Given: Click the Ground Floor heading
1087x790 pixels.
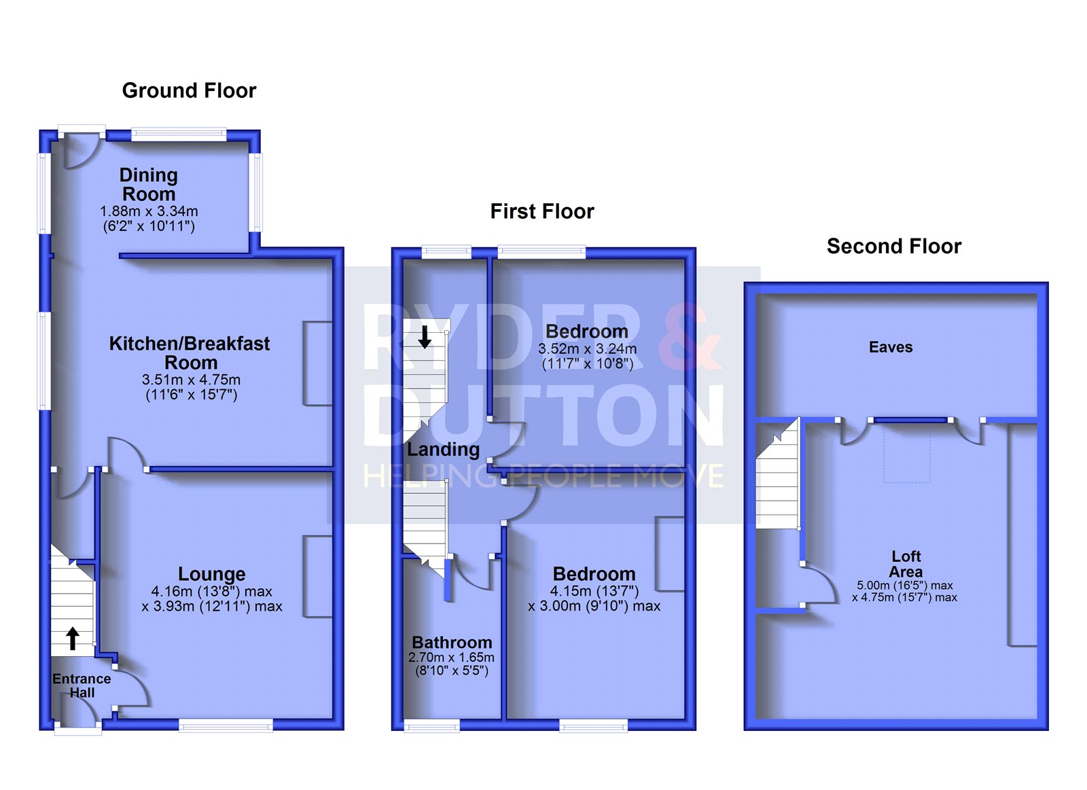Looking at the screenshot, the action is click(x=189, y=91).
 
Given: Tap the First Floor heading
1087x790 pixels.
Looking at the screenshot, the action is click(x=542, y=211).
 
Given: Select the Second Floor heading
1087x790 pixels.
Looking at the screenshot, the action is click(x=894, y=247).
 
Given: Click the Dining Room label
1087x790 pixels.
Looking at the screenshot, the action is click(x=149, y=184).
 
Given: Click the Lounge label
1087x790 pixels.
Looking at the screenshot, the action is click(x=211, y=574).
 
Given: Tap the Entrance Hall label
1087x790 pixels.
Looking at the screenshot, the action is click(x=82, y=685).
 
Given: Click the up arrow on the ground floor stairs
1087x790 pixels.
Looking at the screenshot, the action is click(x=72, y=639).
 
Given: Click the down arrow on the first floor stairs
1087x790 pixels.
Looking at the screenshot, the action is click(x=425, y=337).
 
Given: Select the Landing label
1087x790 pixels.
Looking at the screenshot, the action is click(x=443, y=450).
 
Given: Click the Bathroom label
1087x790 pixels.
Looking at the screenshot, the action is click(x=452, y=643).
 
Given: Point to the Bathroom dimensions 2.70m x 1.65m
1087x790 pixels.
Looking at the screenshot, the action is click(x=451, y=664).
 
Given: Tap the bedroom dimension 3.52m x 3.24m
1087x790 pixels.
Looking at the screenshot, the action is click(x=587, y=356).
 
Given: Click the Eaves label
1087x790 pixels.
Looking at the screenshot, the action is click(x=891, y=347).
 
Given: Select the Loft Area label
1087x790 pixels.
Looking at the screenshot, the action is click(x=906, y=564).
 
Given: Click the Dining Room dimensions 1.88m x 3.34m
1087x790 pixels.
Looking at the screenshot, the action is click(x=149, y=219).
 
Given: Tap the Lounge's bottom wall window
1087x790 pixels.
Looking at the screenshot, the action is click(x=226, y=726).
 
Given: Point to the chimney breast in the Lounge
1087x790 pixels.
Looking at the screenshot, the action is click(x=318, y=577).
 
